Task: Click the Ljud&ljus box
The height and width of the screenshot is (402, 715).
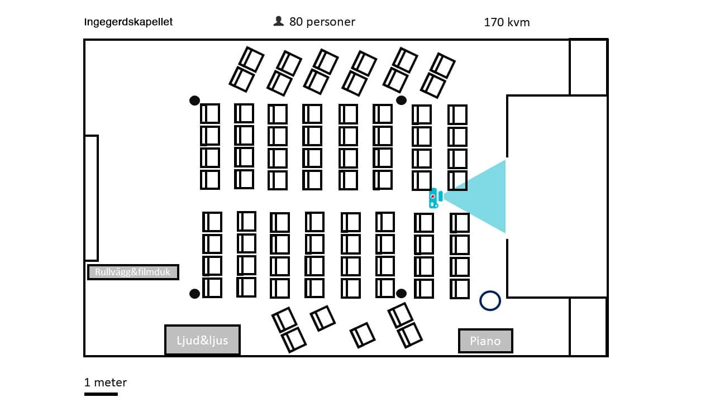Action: pyautogui.click(x=202, y=340)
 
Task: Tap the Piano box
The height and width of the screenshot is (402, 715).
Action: pyautogui.click(x=485, y=341)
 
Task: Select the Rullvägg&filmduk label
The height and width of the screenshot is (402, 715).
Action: pyautogui.click(x=133, y=272)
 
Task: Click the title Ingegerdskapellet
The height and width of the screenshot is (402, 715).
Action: pyautogui.click(x=128, y=22)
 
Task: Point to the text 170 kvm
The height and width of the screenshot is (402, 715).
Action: pyautogui.click(x=507, y=22)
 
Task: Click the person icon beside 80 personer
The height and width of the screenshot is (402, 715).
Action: pyautogui.click(x=278, y=21)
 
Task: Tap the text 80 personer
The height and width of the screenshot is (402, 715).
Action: pyautogui.click(x=322, y=22)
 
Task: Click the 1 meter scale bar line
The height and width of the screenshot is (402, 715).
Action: pyautogui.click(x=101, y=394)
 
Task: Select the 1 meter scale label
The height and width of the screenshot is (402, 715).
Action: pyautogui.click(x=106, y=382)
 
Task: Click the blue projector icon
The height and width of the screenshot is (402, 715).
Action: pyautogui.click(x=433, y=198)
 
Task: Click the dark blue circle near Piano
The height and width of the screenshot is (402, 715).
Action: pyautogui.click(x=490, y=300)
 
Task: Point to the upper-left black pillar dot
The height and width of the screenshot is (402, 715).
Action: pyautogui.click(x=194, y=100)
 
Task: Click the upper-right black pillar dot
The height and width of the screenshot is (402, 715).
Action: pyautogui.click(x=401, y=100)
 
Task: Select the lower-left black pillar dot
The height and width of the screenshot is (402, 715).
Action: pyautogui.click(x=194, y=294)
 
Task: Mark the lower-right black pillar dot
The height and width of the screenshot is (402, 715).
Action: pyautogui.click(x=401, y=293)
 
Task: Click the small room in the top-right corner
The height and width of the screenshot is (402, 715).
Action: pyautogui.click(x=588, y=67)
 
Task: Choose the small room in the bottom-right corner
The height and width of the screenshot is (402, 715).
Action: pyautogui.click(x=588, y=327)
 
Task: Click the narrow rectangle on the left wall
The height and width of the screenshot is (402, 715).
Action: pyautogui.click(x=91, y=198)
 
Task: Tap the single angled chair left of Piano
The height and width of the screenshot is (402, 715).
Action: pyautogui.click(x=363, y=334)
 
